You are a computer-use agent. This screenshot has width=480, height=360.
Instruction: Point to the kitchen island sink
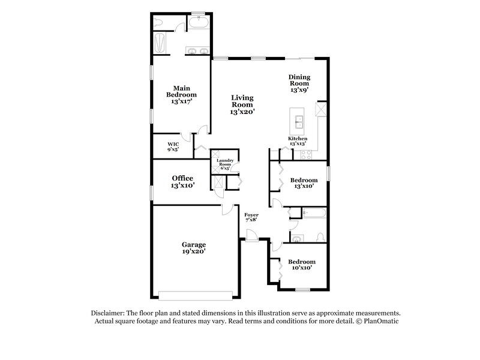point(298,124)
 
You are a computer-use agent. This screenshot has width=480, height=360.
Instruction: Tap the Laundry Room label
point(225,164)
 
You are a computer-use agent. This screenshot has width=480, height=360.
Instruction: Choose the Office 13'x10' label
point(182,182)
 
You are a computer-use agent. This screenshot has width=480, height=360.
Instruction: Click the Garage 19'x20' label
point(194,248)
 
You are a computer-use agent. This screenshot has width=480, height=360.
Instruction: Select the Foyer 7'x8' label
point(251,217)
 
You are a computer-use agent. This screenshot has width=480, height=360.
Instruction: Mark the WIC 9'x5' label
point(173,147)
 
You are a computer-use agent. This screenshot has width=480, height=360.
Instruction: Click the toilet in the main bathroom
point(158,23)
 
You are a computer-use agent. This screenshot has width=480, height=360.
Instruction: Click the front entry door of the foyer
point(251,240)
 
